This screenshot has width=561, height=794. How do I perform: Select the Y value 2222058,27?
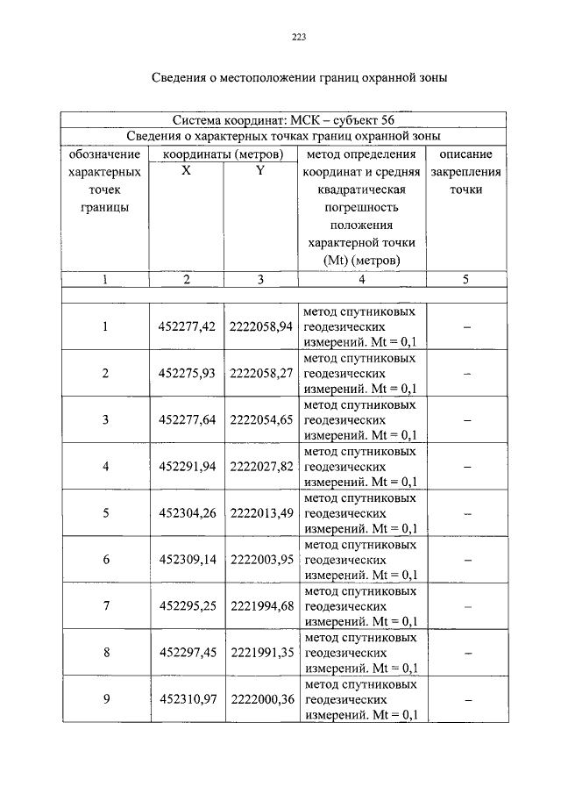click(260, 374)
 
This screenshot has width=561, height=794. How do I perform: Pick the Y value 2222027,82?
click(260, 467)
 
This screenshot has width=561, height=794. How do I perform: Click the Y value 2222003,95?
click(260, 560)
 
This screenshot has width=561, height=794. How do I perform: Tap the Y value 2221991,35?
click(260, 653)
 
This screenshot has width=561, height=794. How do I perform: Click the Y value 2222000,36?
click(260, 699)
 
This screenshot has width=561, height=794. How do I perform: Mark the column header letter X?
click(186, 171)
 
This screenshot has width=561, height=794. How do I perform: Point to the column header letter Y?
click(260, 171)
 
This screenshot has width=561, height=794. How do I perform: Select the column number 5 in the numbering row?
click(466, 281)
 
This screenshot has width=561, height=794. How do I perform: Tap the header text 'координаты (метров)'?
click(224, 154)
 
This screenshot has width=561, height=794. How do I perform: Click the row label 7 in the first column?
click(105, 606)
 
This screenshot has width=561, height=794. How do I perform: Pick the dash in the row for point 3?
click(467, 420)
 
